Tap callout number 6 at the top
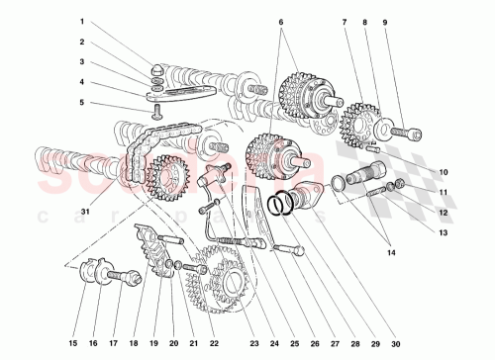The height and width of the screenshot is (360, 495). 282,21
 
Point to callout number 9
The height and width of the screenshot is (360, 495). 385,21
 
